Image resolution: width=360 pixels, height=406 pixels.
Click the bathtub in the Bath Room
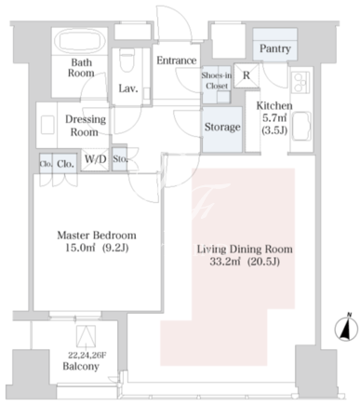80,41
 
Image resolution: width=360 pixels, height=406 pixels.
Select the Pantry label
275,48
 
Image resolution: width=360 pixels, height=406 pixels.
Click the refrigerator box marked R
247,75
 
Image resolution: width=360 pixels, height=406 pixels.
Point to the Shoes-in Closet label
217,80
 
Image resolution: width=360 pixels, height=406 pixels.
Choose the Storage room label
222,127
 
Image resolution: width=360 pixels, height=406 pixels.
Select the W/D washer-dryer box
96,159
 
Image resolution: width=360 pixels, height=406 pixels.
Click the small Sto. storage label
120,159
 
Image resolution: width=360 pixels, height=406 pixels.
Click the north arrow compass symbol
346,328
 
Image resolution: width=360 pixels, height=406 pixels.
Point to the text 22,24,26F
87,355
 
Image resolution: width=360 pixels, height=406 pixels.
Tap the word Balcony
81,366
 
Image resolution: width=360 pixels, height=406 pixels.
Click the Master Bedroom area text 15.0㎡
75,248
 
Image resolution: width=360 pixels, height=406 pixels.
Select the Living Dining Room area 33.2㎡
225,262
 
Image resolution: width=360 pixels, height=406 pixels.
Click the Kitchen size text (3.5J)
274,131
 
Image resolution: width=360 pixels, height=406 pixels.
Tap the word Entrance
177,61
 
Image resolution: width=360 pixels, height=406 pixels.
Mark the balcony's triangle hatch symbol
86,335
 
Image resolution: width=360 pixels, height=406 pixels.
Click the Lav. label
128,89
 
